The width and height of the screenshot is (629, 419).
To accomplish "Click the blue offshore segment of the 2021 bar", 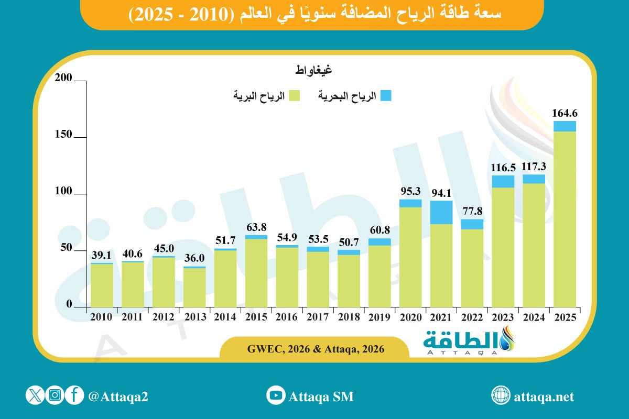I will [441, 212].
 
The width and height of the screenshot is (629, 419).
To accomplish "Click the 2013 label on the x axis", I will [194, 317].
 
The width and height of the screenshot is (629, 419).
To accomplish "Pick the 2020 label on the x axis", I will [410, 317].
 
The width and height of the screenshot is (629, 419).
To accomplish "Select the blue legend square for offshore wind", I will [386, 96].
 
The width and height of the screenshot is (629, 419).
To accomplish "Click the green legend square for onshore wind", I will [295, 96].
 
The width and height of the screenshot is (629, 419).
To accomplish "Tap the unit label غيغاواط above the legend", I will [313, 69].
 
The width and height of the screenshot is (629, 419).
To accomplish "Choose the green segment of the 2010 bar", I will [102, 285].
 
